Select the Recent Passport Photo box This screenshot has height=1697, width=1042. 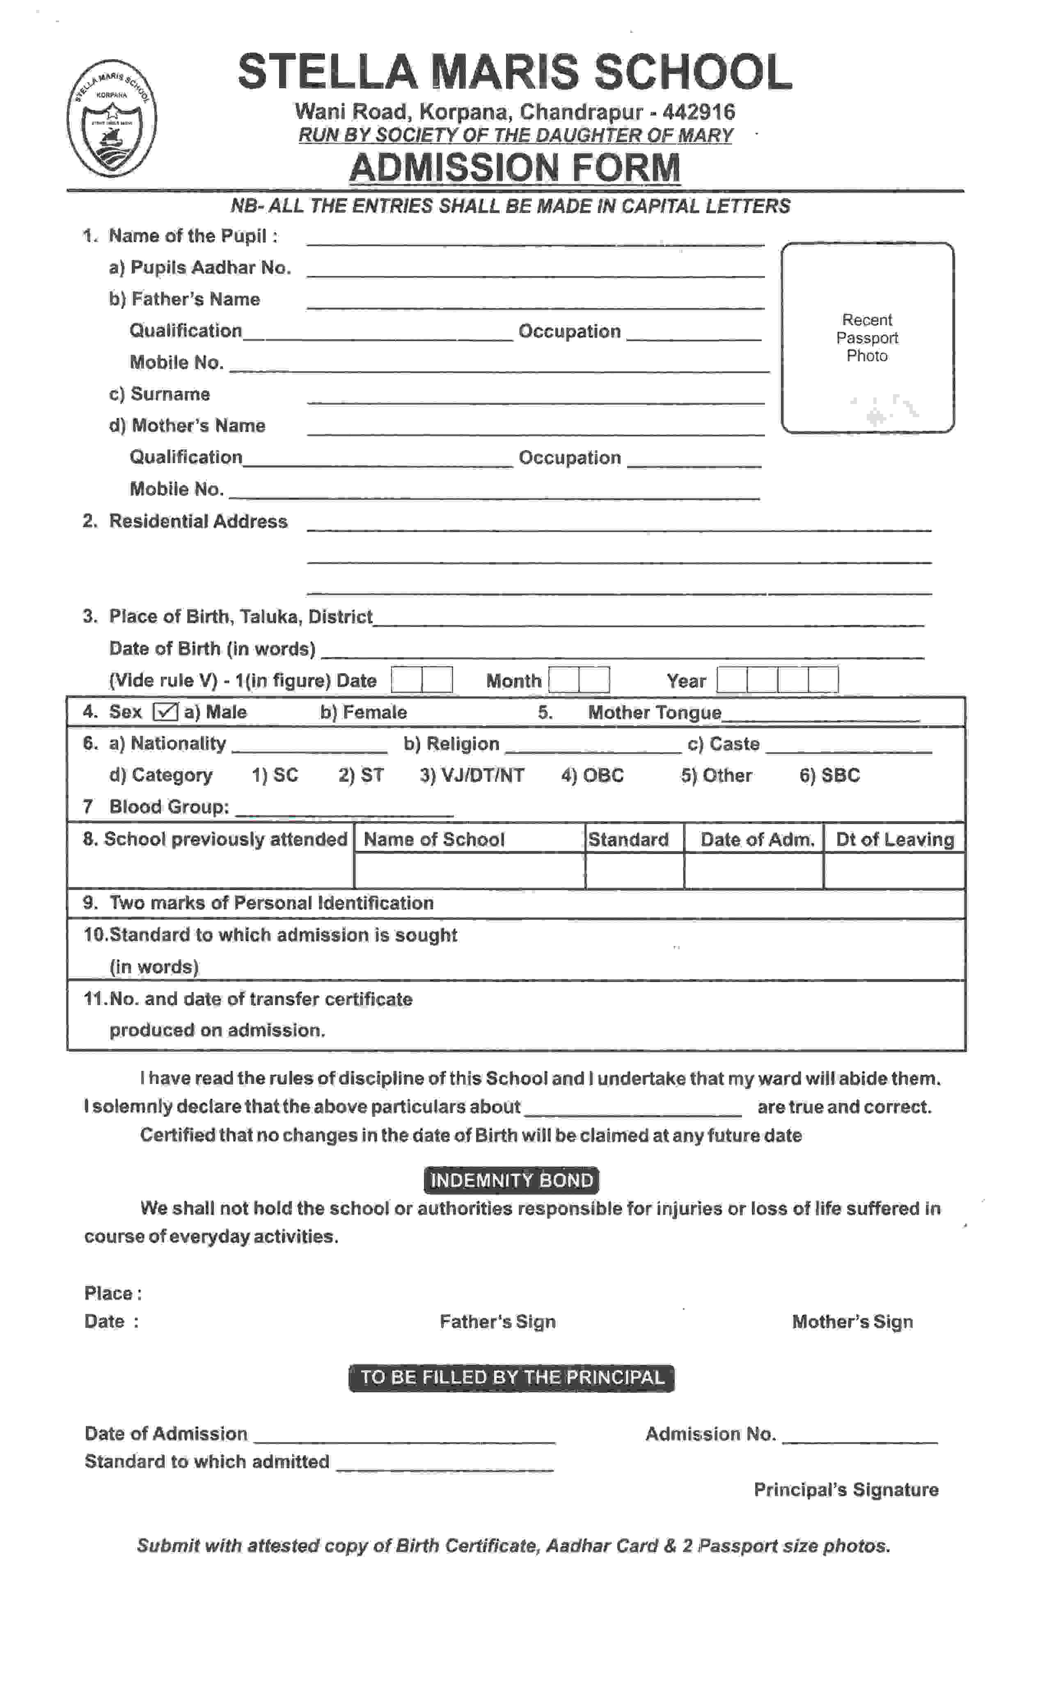click(x=867, y=338)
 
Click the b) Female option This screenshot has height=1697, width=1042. click(x=363, y=712)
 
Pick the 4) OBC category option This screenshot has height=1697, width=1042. click(x=592, y=776)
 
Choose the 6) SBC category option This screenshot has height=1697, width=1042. click(x=829, y=776)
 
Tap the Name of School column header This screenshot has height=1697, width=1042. click(x=434, y=840)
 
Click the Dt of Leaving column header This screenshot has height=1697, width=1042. click(x=895, y=840)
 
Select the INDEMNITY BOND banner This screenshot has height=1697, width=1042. click(x=511, y=1180)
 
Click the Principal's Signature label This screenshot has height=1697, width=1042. click(x=845, y=1490)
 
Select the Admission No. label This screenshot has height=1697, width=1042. click(x=710, y=1434)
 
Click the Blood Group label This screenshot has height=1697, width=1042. click(x=169, y=807)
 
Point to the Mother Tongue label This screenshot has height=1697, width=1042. click(x=654, y=713)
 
